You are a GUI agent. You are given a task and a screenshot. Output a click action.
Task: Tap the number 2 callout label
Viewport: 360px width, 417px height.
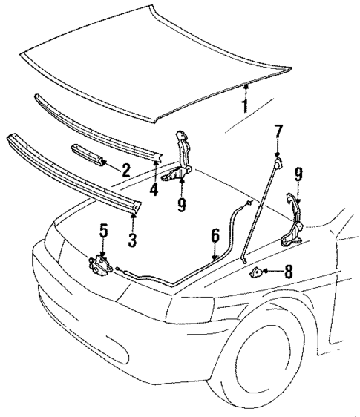click(125, 170)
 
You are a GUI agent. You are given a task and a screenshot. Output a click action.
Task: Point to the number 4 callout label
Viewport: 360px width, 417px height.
click(154, 189)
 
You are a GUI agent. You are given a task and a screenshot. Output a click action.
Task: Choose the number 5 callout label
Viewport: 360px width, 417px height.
click(103, 231)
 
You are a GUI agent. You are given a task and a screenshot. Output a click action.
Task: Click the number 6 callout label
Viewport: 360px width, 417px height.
click(215, 237)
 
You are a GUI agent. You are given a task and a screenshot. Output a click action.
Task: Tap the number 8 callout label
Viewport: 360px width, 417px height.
click(288, 272)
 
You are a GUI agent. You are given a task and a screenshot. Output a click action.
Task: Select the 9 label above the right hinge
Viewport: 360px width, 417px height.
click(298, 174)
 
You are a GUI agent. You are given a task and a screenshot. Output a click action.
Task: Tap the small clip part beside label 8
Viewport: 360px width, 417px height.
click(257, 272)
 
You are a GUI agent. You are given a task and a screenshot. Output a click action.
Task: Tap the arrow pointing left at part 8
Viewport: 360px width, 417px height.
click(272, 272)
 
